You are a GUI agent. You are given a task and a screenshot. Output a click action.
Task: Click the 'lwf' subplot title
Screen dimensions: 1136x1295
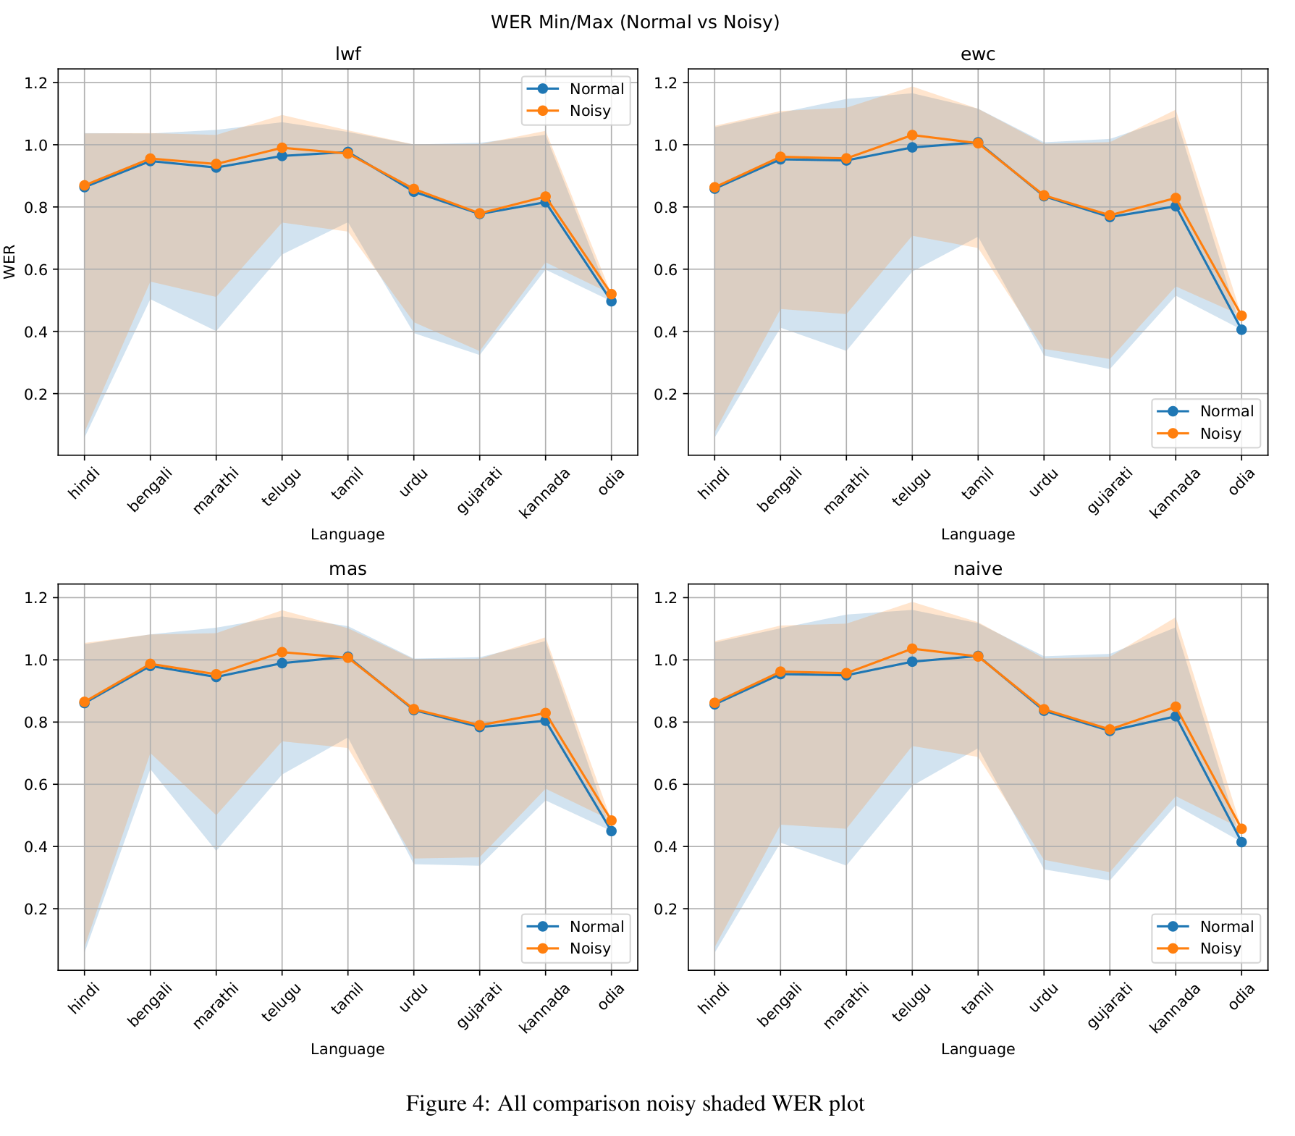coord(347,54)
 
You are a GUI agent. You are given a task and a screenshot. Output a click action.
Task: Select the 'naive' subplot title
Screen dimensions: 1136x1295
coord(978,569)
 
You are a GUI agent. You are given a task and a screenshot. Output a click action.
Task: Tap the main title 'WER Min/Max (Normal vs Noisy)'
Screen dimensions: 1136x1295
coord(635,22)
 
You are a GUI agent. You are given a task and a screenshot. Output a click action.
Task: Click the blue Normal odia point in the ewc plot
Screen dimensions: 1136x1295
coord(1241,329)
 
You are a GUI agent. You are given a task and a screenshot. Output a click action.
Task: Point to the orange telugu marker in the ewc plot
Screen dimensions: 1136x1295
coord(912,135)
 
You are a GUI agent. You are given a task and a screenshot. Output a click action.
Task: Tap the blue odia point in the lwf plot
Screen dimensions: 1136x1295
coord(611,301)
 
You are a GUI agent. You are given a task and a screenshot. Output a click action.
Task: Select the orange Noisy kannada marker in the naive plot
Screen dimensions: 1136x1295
coord(1176,707)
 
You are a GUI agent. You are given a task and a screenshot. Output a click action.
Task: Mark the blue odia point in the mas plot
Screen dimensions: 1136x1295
coord(611,831)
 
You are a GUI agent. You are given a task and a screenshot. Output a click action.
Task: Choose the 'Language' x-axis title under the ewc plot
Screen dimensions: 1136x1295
coord(978,535)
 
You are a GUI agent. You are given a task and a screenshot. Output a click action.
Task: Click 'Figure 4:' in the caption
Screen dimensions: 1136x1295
coord(448,1104)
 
